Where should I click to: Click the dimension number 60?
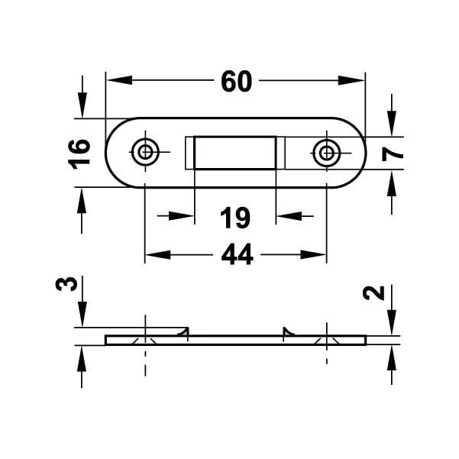(x=235, y=81)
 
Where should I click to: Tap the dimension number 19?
(x=235, y=218)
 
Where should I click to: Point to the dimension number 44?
(x=236, y=256)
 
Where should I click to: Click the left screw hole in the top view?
(x=144, y=152)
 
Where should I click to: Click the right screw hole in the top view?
(x=327, y=153)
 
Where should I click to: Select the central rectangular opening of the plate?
(x=235, y=152)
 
